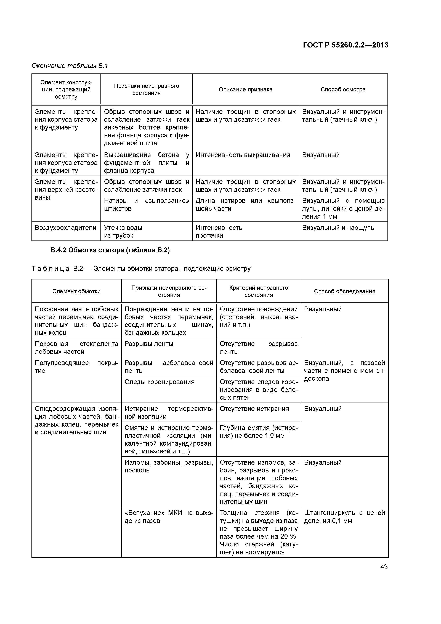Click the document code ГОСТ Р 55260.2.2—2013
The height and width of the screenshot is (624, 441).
pos(346,45)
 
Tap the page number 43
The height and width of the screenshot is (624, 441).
pos(384,567)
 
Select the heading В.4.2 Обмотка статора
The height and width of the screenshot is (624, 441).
pos(110,250)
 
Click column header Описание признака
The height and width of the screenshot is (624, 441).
pos(245,89)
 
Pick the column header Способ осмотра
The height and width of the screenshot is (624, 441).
pos(343,89)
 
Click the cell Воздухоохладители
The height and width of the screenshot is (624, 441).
pos(65,228)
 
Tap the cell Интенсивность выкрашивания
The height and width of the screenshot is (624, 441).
pos(243,155)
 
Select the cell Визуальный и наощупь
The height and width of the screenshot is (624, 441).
pos(338,228)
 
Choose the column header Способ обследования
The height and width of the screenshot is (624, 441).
pos(344,291)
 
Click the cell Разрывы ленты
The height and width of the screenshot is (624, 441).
pos(149,344)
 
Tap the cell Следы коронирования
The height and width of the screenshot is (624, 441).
pos(160,382)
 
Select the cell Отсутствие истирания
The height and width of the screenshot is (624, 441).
pos(254,409)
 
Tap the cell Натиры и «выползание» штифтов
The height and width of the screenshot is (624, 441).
pos(147,205)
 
